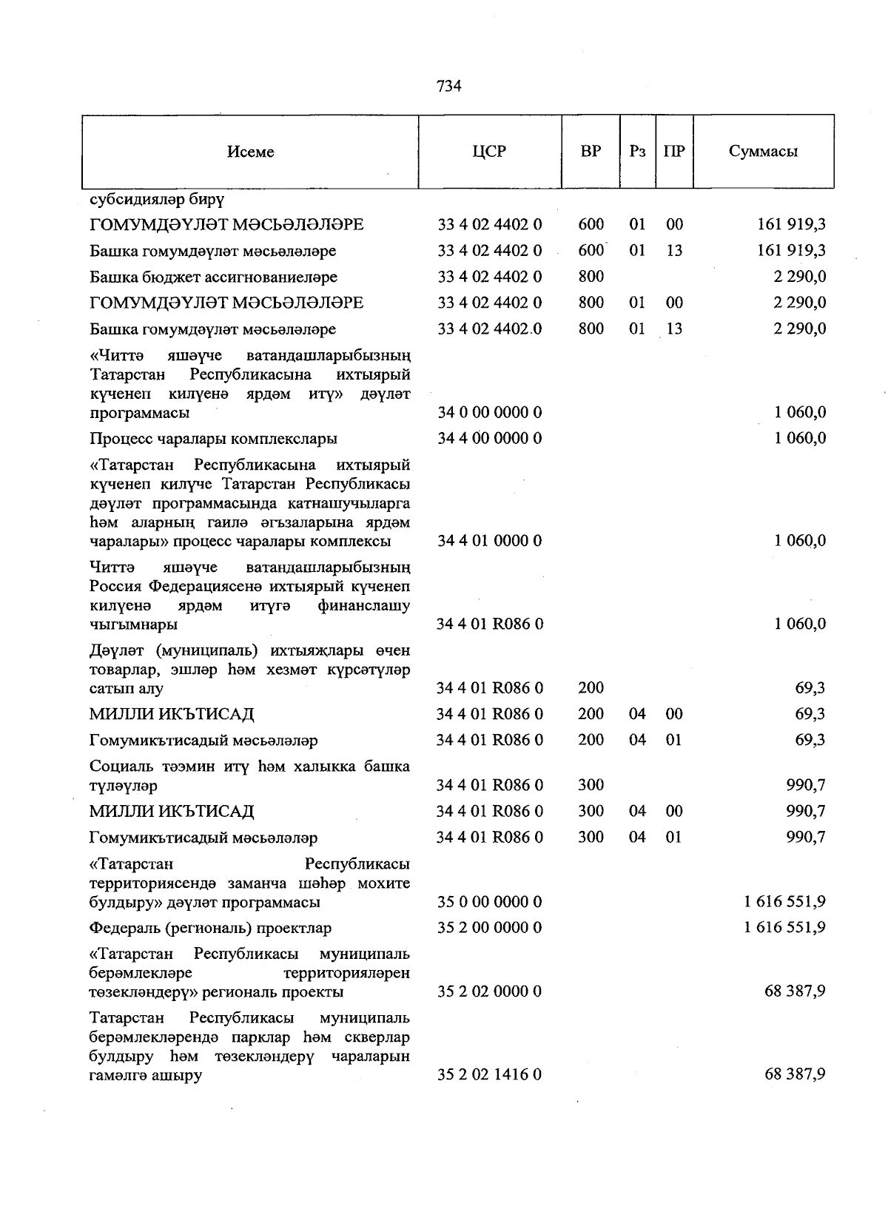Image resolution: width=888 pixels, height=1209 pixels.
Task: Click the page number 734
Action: pos(449,86)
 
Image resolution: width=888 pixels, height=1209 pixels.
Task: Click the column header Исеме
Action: pos(251,152)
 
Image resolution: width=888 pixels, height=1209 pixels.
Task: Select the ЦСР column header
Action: pos(489,151)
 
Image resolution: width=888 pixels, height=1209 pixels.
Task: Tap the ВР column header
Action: pos(591,151)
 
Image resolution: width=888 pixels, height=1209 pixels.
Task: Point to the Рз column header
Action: pos(637,151)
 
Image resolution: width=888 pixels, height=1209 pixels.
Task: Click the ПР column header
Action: pos(674,151)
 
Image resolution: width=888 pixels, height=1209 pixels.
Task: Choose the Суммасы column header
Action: pos(763,152)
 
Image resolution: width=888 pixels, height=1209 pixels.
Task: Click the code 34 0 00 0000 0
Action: pos(489,412)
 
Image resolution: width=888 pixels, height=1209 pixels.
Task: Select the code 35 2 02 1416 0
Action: pos(489,1074)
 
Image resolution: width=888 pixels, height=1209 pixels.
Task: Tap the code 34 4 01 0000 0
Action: pos(489,541)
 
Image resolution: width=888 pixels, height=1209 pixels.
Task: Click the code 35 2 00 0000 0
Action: pos(489,928)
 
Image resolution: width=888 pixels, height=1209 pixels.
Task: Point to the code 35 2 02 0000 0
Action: pos(489,991)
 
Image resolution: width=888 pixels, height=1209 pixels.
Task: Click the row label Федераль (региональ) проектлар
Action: pos(210,928)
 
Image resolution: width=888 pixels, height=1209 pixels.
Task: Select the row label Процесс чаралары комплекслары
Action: pos(213,439)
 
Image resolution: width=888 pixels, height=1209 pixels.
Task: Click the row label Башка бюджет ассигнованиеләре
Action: pos(213,277)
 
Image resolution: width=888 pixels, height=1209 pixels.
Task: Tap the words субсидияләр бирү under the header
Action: pos(157,200)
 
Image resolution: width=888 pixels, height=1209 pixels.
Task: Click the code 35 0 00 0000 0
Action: pos(489,902)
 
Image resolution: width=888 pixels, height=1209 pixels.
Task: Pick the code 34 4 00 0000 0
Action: pos(489,438)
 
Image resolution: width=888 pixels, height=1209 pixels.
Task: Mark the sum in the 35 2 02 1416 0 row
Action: pos(795,1074)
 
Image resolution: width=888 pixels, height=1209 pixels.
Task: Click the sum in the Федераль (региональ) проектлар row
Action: pos(784,928)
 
